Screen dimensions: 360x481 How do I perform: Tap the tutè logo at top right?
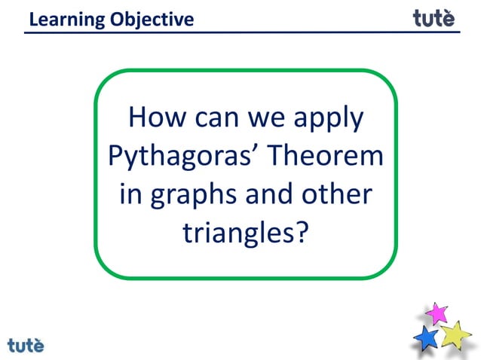click(434, 17)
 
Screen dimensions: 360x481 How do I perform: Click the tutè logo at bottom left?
click(26, 346)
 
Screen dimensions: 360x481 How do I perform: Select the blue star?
click(427, 338)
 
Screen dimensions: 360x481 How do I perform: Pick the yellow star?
click(456, 334)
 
